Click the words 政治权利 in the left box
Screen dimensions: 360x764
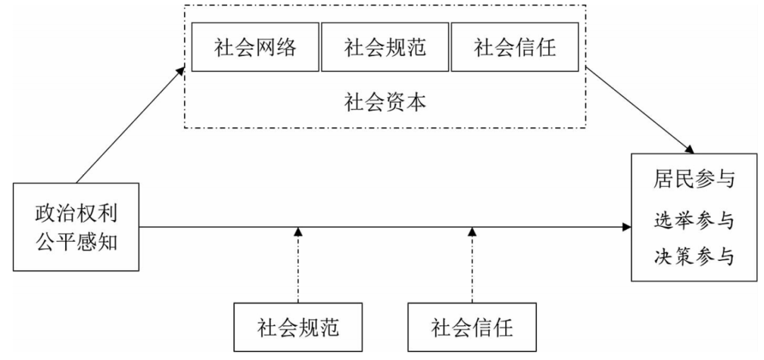click(x=76, y=214)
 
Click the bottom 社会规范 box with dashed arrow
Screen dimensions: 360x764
click(x=297, y=328)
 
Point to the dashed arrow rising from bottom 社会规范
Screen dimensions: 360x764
click(x=297, y=269)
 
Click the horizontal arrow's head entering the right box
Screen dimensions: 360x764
click(x=627, y=228)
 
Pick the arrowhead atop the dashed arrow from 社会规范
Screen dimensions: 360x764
click(x=297, y=232)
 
